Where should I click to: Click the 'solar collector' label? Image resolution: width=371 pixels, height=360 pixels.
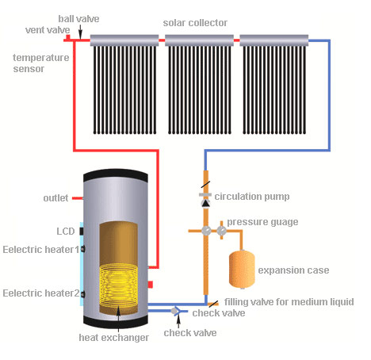click(195, 21)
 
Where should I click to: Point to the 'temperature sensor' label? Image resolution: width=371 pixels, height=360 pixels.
click(40, 63)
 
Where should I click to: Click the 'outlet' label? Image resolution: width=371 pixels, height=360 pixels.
click(56, 197)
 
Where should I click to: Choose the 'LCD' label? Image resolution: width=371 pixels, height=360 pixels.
click(65, 232)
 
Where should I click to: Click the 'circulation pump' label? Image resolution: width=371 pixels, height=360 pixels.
click(256, 196)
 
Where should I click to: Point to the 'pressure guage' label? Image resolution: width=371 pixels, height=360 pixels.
click(262, 222)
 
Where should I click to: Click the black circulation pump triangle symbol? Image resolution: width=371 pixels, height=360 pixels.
click(205, 203)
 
